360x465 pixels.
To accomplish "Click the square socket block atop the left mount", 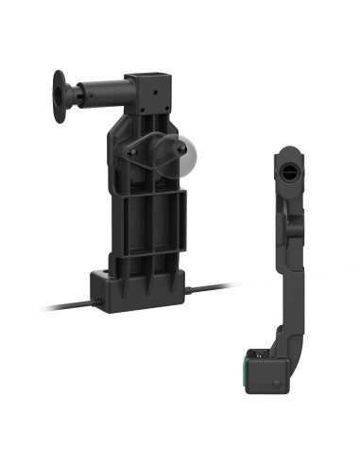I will pyautogui.click(x=147, y=87).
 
